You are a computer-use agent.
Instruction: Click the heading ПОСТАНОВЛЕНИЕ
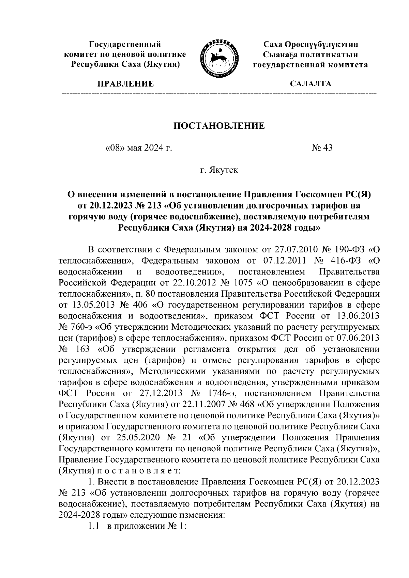[219, 126]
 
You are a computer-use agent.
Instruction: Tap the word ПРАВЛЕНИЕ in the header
[126, 84]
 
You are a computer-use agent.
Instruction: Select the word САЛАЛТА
[310, 84]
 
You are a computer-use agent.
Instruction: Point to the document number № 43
[322, 148]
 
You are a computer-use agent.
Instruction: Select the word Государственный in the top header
[125, 45]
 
